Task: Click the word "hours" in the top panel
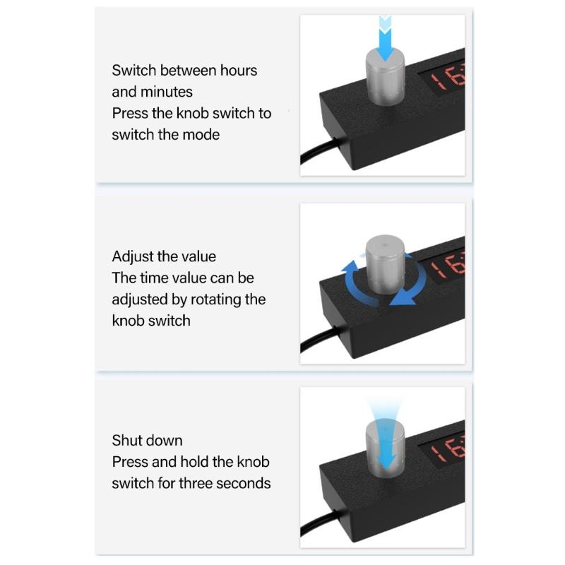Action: (x=234, y=71)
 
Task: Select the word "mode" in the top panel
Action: (x=198, y=134)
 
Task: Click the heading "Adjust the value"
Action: (x=164, y=256)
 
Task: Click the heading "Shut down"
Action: (x=147, y=440)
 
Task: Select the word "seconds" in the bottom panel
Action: (x=246, y=483)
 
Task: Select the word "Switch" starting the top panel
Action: (x=133, y=71)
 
